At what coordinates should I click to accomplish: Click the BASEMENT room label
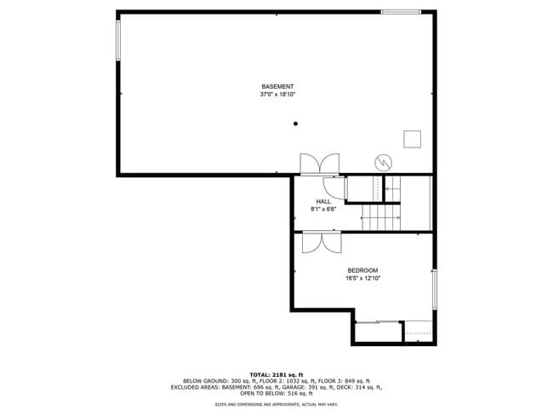click(277, 87)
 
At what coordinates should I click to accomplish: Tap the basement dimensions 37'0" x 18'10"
click(277, 95)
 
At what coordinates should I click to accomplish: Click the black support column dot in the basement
click(296, 124)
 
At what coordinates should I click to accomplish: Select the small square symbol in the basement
click(413, 138)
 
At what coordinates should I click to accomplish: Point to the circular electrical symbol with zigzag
click(383, 161)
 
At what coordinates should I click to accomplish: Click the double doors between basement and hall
click(319, 164)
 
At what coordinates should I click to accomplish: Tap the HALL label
click(323, 202)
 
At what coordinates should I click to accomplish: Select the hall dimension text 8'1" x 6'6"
click(323, 210)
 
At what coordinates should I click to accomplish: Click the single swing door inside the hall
click(337, 187)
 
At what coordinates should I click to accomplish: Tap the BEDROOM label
click(362, 270)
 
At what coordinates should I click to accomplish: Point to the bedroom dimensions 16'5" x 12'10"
click(362, 278)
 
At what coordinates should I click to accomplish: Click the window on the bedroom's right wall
click(434, 291)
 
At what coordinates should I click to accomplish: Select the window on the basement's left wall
click(118, 40)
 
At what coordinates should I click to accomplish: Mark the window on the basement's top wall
click(400, 12)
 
